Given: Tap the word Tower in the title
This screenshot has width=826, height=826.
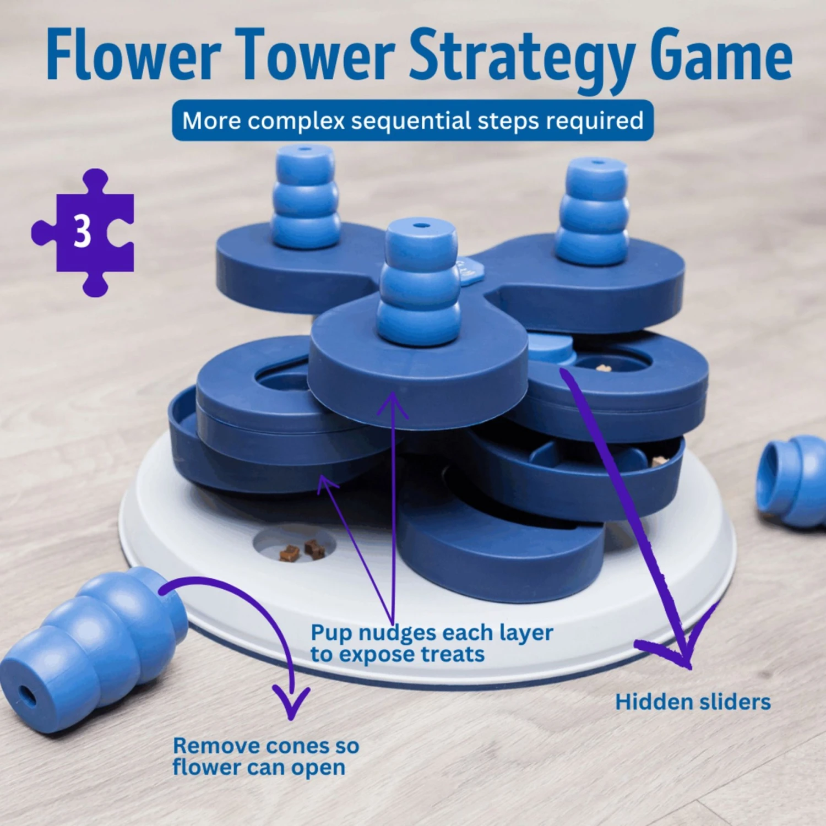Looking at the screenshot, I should click(317, 55).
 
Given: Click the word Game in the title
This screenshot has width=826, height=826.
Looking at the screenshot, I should click(721, 55).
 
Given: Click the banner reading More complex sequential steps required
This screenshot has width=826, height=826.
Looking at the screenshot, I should click(412, 121).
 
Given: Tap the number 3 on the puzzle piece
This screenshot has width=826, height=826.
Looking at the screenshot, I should click(83, 231).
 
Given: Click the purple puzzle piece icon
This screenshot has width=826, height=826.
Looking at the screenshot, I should click(107, 259).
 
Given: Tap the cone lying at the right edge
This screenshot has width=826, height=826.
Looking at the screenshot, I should click(793, 479).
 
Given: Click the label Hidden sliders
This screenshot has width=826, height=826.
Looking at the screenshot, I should click(693, 702).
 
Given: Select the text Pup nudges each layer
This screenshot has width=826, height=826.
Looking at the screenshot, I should click(432, 633).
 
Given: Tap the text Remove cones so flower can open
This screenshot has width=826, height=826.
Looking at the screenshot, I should click(265, 756).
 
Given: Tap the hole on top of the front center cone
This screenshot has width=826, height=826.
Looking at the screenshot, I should click(421, 225).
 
